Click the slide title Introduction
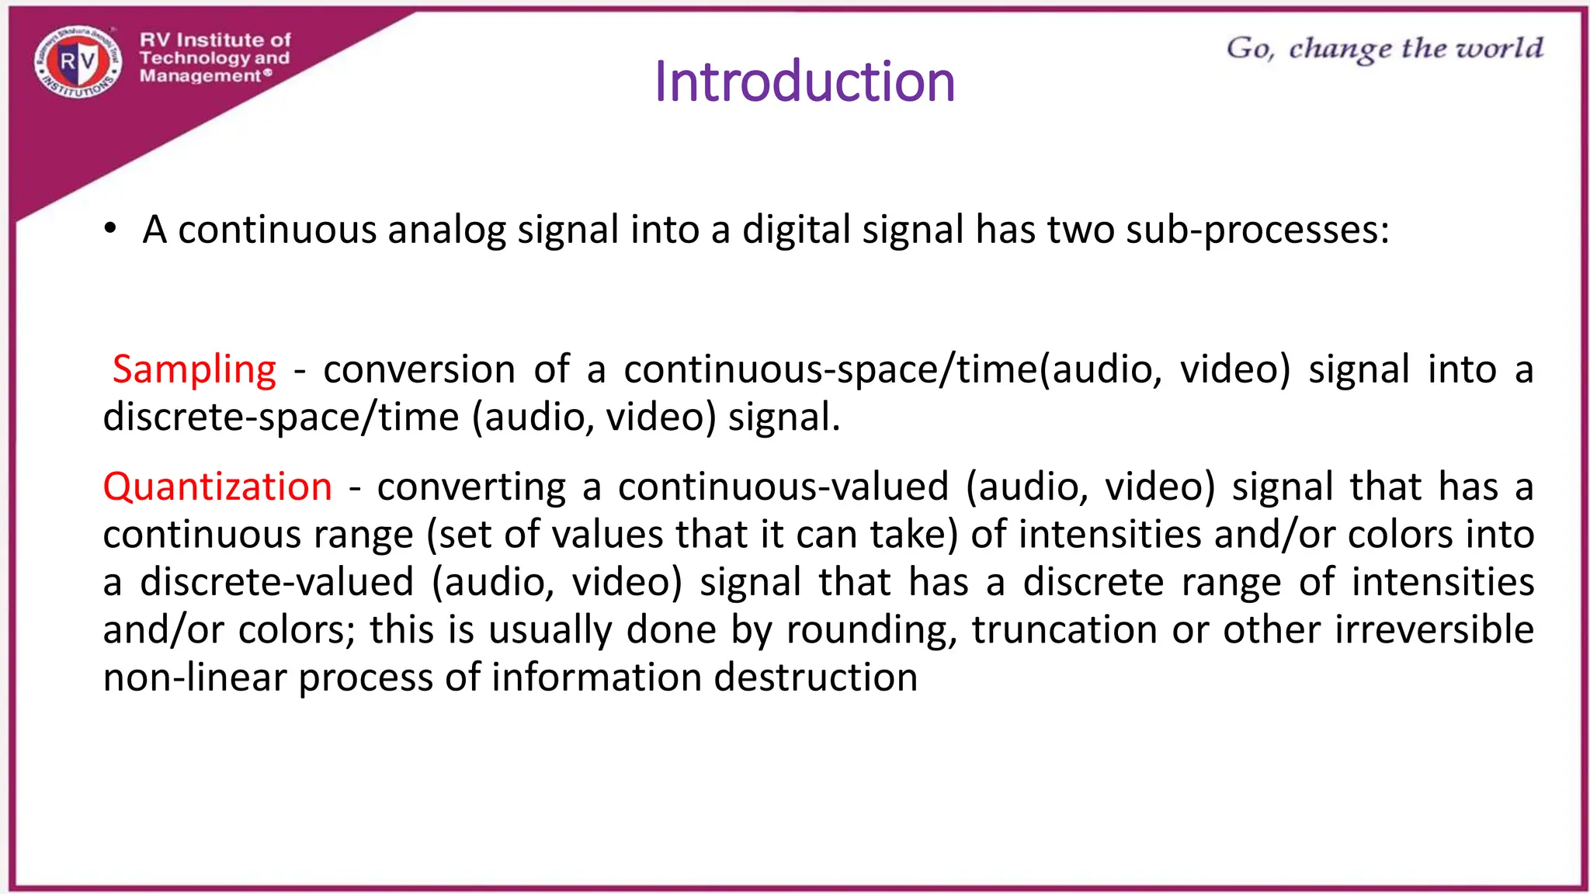[804, 81]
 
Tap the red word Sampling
[194, 369]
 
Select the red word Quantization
[217, 487]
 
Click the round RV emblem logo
[78, 62]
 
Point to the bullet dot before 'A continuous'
[111, 229]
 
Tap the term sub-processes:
[1257, 230]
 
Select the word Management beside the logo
[200, 76]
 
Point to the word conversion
[419, 369]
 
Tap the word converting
[471, 487]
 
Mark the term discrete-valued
[276, 583]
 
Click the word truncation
[1064, 630]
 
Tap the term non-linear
[195, 677]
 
